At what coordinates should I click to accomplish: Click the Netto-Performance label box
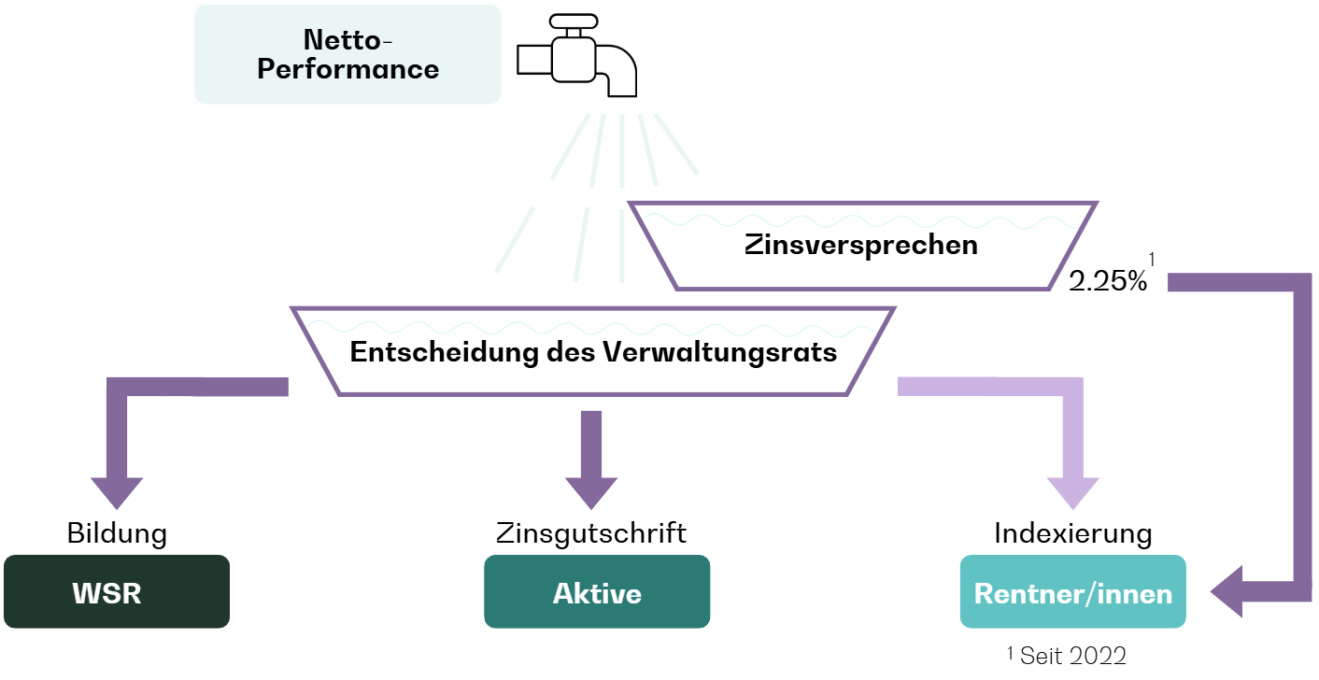coord(347,54)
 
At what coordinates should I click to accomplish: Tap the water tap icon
coord(576,55)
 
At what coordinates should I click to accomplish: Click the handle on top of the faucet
coord(574,21)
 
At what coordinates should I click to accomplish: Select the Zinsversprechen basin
coord(862,246)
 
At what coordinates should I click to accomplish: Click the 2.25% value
coord(1108,281)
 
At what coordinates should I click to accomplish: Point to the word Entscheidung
coord(444,353)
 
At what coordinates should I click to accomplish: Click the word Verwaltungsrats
coord(719,353)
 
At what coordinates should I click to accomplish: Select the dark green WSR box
coord(117,591)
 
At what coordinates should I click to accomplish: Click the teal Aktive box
coord(597,591)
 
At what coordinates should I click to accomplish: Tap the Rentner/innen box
coord(1073,591)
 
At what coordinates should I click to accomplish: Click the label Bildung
coord(117,533)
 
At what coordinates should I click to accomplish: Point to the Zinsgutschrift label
coord(591,533)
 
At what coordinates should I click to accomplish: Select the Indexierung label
coord(1073,533)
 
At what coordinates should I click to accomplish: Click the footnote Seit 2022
coord(1073,656)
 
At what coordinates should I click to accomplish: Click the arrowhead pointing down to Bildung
coord(117,493)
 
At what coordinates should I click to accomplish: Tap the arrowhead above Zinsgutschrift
coord(591,493)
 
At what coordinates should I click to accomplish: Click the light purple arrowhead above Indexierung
coord(1073,493)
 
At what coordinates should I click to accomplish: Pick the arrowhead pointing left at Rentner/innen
coord(1227,591)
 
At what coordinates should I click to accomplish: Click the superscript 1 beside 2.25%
coord(1152,259)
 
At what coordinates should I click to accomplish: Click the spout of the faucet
coord(618,71)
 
